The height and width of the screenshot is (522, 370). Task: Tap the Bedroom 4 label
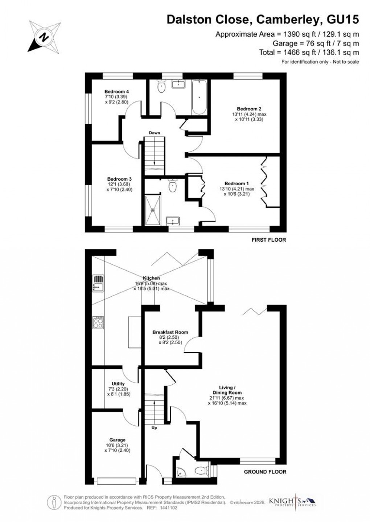117,91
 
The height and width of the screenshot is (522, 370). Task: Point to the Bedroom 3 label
119,179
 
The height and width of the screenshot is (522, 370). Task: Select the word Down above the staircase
155,133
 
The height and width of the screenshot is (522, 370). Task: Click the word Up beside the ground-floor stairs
154,427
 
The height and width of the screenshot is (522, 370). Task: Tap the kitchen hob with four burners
98,322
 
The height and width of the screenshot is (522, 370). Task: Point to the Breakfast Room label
170,332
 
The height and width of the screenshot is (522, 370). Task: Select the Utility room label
118,384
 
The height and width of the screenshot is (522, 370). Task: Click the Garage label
117,440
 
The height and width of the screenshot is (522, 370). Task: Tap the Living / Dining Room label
227,390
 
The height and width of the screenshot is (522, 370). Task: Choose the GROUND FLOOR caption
265,472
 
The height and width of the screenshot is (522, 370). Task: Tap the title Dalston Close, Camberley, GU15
263,20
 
